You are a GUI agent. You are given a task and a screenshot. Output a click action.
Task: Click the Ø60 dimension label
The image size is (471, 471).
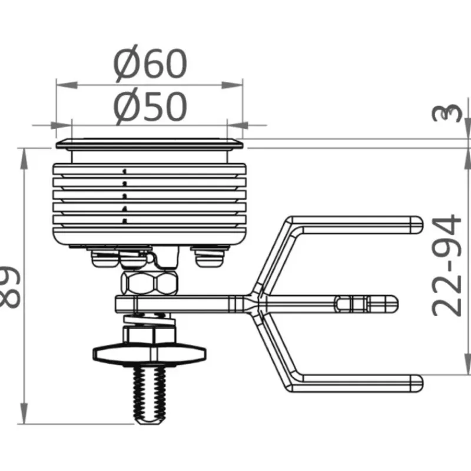151,64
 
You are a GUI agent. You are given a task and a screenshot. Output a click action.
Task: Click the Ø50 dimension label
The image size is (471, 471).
151,107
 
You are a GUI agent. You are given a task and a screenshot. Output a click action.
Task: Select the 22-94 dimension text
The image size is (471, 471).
447,266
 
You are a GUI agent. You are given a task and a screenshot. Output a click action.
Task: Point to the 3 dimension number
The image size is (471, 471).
447,113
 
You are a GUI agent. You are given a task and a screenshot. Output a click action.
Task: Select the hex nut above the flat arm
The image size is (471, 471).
150,283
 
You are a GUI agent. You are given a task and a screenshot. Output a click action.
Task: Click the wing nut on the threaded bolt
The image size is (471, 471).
150,354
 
